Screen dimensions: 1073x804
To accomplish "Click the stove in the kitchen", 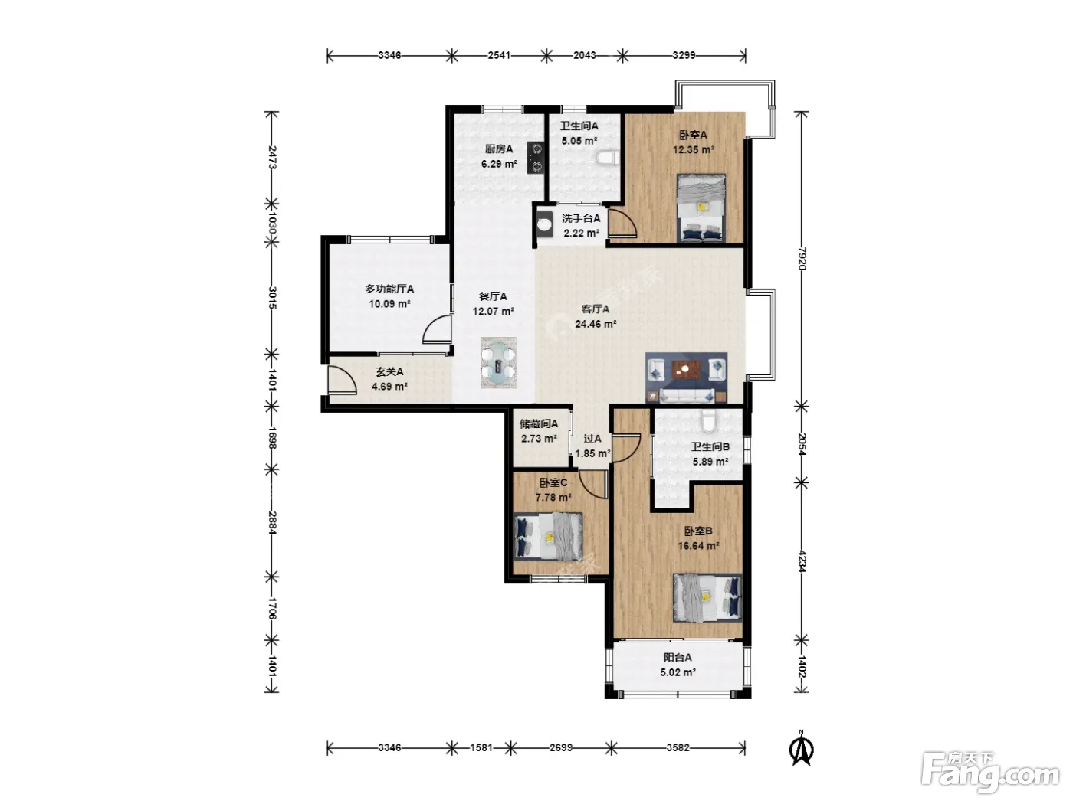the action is pyautogui.click(x=535, y=158).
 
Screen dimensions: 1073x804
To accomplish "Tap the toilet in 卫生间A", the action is pyautogui.click(x=608, y=157).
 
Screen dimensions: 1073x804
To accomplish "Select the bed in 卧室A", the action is pyautogui.click(x=701, y=208).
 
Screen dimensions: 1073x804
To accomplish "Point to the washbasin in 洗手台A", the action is pyautogui.click(x=544, y=224).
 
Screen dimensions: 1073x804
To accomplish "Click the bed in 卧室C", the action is pyautogui.click(x=548, y=537).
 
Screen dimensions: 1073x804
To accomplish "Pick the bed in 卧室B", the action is pyautogui.click(x=707, y=597).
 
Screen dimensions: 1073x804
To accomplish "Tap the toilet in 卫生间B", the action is pyautogui.click(x=708, y=420).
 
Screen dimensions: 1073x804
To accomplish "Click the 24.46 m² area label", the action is pyautogui.click(x=596, y=324).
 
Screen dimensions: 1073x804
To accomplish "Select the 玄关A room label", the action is pyautogui.click(x=389, y=372).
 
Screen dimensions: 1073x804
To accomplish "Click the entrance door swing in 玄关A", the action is pyautogui.click(x=341, y=378).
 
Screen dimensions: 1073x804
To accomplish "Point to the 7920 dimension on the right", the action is pyautogui.click(x=801, y=259).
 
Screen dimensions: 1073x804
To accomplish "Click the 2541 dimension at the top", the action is pyautogui.click(x=499, y=55).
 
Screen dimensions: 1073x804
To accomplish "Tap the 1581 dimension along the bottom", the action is pyautogui.click(x=481, y=747).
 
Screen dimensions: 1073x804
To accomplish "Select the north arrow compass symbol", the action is pyautogui.click(x=801, y=748).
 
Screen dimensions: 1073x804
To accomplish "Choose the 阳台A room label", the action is pyautogui.click(x=678, y=658).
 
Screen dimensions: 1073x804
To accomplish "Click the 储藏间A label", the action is pyautogui.click(x=539, y=423).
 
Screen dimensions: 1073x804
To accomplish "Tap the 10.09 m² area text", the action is pyautogui.click(x=389, y=304).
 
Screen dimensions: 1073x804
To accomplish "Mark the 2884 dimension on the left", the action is pyautogui.click(x=272, y=523).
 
